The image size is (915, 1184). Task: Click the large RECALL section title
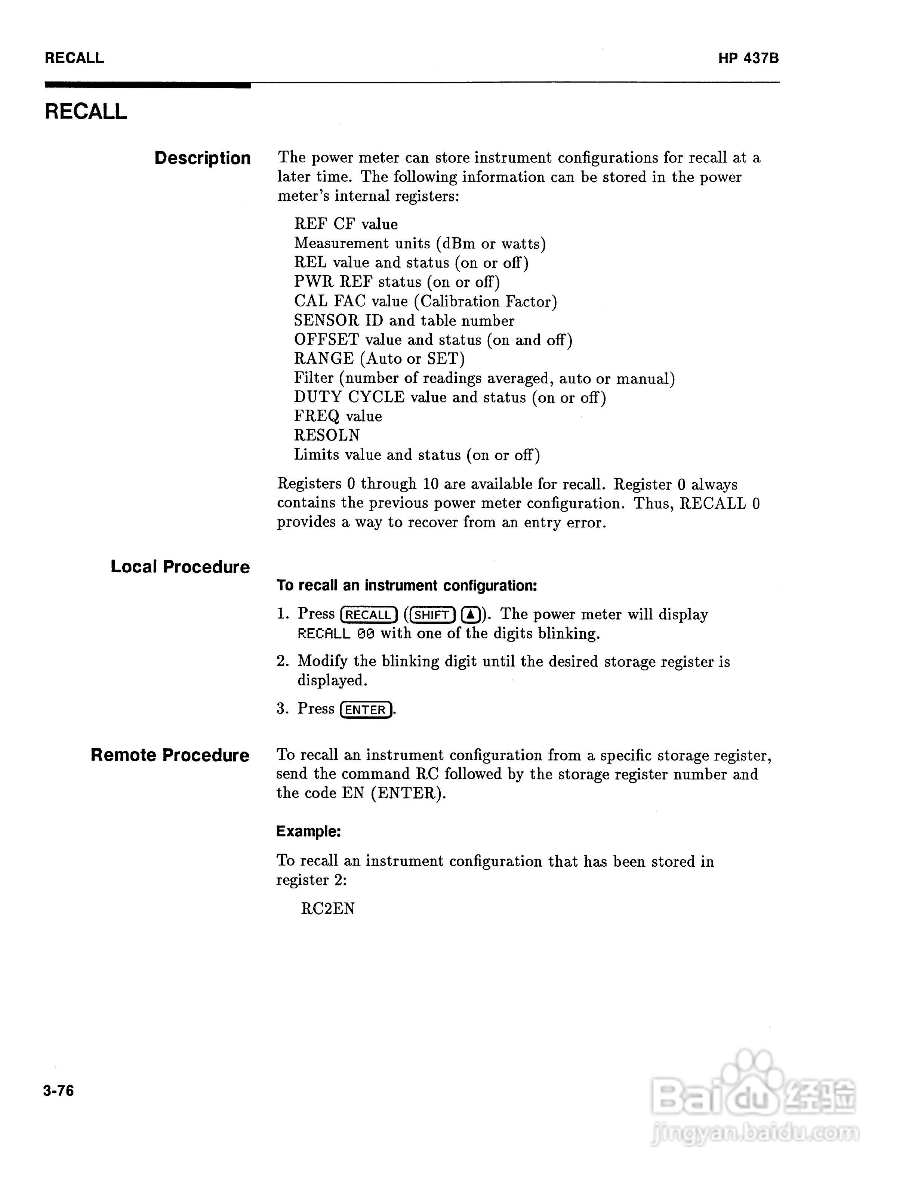tap(86, 112)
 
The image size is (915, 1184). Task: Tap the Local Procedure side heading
tap(180, 567)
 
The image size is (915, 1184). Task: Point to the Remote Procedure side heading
tap(170, 755)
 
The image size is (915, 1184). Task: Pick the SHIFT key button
tap(432, 615)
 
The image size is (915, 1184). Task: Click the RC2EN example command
tap(327, 909)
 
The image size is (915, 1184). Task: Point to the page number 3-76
tap(59, 1090)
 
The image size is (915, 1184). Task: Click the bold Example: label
tap(308, 832)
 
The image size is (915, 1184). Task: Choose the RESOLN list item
tap(327, 435)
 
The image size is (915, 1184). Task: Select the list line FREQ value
tap(338, 416)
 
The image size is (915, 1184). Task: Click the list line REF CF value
tap(346, 225)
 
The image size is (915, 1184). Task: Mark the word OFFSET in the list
tap(326, 340)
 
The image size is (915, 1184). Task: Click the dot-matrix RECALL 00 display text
tap(336, 634)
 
